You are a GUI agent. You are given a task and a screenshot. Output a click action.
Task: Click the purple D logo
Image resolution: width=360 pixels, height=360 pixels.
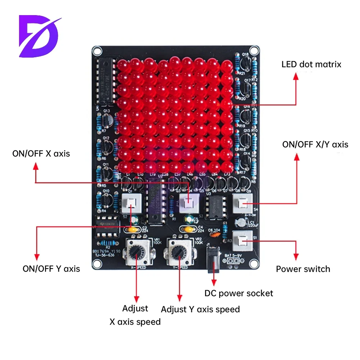40,36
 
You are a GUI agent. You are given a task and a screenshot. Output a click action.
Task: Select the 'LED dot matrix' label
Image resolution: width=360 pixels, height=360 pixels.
311,64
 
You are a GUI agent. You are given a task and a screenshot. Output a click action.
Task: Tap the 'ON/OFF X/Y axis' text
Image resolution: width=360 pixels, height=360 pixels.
315,144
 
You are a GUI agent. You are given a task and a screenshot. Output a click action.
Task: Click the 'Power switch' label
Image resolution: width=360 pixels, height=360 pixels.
303,269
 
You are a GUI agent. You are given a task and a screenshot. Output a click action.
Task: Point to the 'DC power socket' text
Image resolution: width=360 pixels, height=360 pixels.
239,293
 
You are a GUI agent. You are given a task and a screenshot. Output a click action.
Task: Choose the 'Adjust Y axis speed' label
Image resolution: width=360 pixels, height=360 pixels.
200,309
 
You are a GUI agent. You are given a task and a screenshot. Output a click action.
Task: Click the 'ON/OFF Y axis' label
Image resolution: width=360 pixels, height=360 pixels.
51,269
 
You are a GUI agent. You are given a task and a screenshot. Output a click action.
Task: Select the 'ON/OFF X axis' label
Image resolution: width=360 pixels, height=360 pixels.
41,154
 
